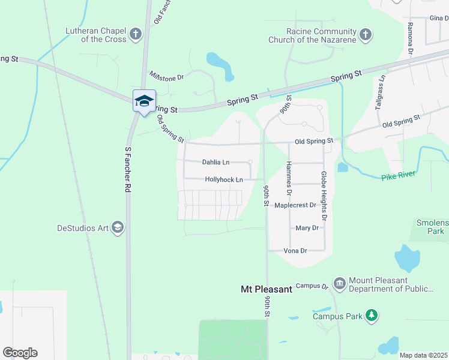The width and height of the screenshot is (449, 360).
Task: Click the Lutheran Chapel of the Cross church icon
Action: (136, 34)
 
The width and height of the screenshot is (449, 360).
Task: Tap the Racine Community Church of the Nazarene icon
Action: (365, 35)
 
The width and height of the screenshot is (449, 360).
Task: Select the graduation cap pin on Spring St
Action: (144, 100)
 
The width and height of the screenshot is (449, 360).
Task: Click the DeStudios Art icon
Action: (118, 227)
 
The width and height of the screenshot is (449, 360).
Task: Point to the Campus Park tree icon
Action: (372, 316)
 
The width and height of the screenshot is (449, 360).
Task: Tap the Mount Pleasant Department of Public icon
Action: (339, 283)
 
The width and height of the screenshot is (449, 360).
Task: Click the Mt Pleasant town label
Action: (266, 289)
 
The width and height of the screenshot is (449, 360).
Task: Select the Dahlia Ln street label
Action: (215, 162)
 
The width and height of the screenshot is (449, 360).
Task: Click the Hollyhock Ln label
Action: (223, 179)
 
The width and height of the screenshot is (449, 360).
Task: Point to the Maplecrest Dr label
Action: (295, 205)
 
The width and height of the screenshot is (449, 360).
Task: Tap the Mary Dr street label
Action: (307, 228)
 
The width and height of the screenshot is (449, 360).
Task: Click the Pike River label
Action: (397, 178)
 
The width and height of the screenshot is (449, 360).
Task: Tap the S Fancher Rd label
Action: (128, 170)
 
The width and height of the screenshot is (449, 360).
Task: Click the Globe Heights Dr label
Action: (324, 193)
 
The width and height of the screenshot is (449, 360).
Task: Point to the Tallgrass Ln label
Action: (379, 91)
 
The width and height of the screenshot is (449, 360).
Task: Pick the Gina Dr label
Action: (439, 19)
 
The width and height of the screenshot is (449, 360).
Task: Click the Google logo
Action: (20, 353)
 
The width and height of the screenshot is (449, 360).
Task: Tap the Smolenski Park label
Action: (432, 226)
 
